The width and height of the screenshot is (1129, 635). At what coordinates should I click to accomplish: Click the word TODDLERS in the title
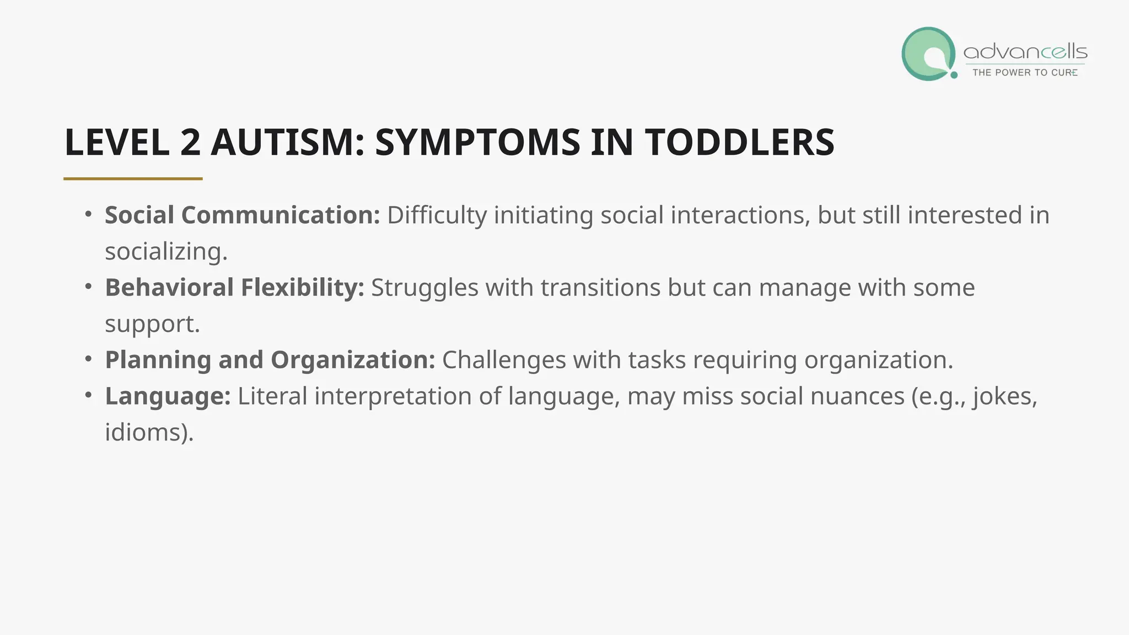click(740, 142)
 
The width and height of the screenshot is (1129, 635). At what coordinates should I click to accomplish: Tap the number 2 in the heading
click(190, 142)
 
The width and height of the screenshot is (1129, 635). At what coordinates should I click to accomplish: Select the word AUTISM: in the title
click(288, 142)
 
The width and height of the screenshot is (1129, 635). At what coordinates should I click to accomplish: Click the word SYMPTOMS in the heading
click(477, 142)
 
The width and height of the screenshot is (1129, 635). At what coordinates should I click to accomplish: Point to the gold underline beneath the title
click(133, 179)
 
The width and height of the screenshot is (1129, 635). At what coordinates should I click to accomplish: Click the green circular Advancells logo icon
click(929, 54)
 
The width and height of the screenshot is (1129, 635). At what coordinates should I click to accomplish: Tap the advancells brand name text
click(1025, 52)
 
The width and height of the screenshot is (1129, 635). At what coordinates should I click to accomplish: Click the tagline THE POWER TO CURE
click(1025, 73)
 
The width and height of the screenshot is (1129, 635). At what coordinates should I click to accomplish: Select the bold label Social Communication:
click(242, 215)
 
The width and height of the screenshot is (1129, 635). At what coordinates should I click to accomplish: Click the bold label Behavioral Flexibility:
click(234, 288)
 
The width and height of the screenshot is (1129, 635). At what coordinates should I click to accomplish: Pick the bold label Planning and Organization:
click(270, 360)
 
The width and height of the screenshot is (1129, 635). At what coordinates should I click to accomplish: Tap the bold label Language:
click(168, 396)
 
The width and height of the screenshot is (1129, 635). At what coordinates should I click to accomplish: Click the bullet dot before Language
click(89, 395)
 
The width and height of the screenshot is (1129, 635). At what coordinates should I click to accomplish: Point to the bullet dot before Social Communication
click(89, 214)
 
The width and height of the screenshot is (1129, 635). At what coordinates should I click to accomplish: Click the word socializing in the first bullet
click(166, 252)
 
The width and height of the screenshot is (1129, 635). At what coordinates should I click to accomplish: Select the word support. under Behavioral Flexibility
click(152, 324)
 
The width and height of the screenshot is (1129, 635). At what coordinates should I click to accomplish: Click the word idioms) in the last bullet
click(149, 432)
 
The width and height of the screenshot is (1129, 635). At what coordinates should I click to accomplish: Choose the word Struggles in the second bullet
click(424, 288)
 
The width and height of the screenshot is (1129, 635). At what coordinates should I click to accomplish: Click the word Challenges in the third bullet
click(504, 360)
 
